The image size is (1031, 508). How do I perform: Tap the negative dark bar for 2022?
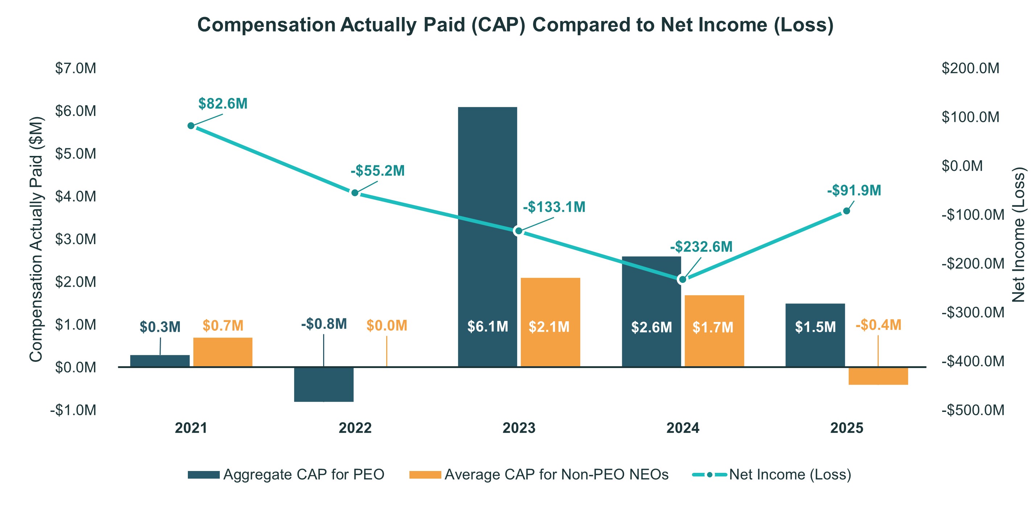point(323,384)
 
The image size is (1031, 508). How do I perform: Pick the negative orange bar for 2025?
point(878,376)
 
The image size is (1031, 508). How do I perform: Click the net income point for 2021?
point(191,126)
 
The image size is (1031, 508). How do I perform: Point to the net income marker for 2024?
point(682,280)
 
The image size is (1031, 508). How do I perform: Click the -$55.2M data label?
point(378,171)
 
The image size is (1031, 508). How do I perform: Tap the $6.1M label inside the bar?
point(487,327)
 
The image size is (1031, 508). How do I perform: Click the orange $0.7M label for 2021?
point(223,326)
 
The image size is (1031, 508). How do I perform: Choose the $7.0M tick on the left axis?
point(76,69)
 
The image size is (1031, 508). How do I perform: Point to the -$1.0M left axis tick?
point(73,410)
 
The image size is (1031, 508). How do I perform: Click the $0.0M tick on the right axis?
point(962,166)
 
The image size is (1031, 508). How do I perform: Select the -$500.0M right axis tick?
point(973,410)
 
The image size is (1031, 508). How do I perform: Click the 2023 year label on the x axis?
point(519,428)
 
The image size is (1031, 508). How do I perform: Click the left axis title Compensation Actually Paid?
point(36,239)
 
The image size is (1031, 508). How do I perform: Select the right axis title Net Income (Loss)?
point(1019,234)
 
